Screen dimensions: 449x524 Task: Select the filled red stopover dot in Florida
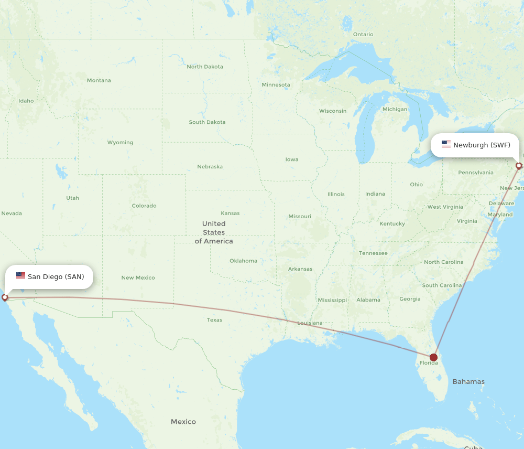[x=433, y=358]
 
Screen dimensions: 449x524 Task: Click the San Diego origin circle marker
[x=5, y=297]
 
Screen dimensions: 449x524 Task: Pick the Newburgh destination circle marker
[x=519, y=166]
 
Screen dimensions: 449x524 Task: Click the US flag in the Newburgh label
[x=446, y=144]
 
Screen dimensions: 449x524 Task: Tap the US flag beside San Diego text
[x=20, y=276]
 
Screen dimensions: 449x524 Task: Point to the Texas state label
[x=214, y=319]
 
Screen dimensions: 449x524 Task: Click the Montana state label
[x=99, y=80]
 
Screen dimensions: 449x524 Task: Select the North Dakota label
[x=205, y=67]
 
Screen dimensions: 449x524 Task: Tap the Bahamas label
[x=468, y=381]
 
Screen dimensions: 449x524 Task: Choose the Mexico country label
[x=183, y=422]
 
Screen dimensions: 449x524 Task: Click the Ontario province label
[x=363, y=34]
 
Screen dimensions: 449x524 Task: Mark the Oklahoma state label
[x=243, y=261]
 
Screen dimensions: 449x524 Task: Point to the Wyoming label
[x=120, y=142]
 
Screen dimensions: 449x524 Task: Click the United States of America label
[x=214, y=232]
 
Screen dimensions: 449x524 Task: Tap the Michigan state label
[x=395, y=109]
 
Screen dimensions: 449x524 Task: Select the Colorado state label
[x=144, y=206]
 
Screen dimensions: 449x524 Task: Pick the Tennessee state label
[x=373, y=253]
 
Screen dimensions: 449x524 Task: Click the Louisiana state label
[x=310, y=323]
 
